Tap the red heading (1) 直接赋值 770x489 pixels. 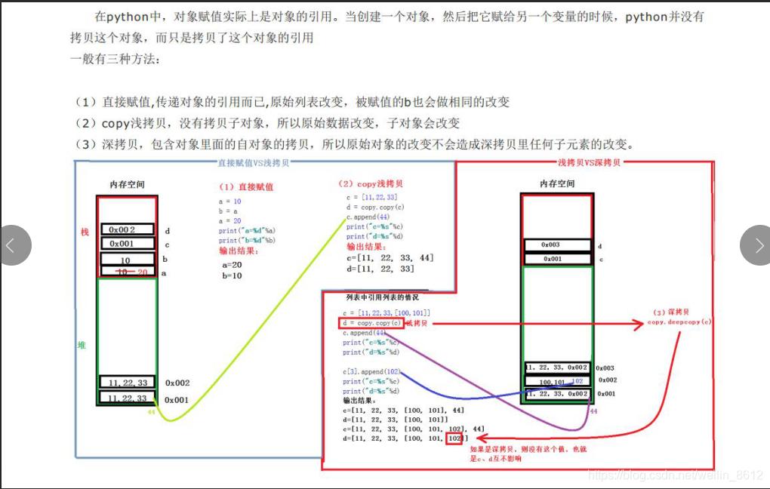click(246, 186)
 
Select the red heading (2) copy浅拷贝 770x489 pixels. click(371, 183)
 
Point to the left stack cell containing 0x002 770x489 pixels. click(126, 229)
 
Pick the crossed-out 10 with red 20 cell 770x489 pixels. click(126, 272)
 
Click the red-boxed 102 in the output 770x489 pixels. click(454, 438)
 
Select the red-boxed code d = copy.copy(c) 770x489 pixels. click(371, 323)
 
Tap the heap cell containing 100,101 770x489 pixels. click(557, 382)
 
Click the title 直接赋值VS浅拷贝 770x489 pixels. click(253, 162)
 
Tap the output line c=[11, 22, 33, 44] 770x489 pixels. click(390, 258)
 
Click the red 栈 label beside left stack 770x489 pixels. click(85, 232)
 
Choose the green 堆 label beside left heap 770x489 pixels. click(82, 345)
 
